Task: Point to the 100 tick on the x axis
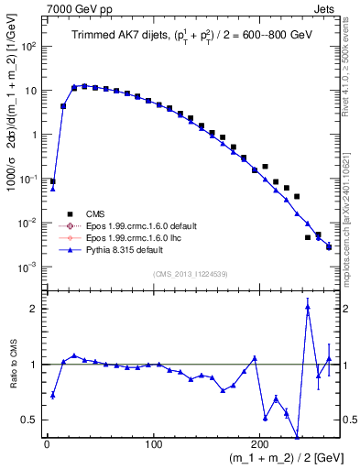[153, 445]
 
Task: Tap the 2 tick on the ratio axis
[36, 309]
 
